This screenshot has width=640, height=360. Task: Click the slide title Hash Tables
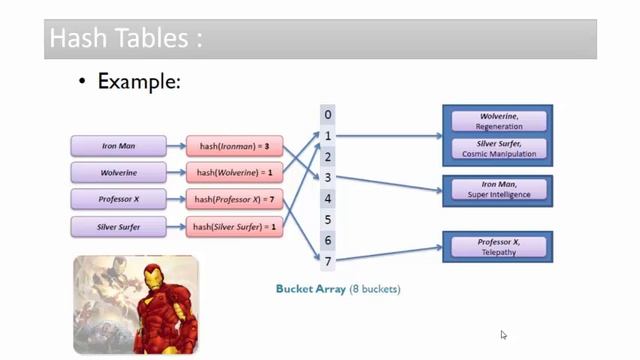tap(125, 39)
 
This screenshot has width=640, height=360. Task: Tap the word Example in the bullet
tap(138, 82)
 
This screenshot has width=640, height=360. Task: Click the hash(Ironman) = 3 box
tap(234, 146)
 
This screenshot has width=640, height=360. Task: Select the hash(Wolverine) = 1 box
tap(234, 173)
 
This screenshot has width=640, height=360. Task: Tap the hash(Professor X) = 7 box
tap(234, 200)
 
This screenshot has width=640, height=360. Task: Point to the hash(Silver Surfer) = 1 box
tap(234, 227)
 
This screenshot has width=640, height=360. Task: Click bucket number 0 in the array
tap(328, 115)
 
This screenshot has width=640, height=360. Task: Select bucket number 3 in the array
tap(328, 178)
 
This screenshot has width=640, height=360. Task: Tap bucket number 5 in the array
tap(328, 220)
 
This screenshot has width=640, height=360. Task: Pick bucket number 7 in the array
tap(328, 262)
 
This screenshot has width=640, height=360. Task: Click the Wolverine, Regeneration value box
tap(499, 121)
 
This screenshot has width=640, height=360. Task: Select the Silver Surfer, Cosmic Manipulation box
tap(499, 148)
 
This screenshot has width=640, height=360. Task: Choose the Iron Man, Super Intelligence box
tap(499, 189)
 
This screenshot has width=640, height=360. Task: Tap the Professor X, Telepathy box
tap(499, 246)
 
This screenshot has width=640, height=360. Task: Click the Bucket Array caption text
tap(337, 289)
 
